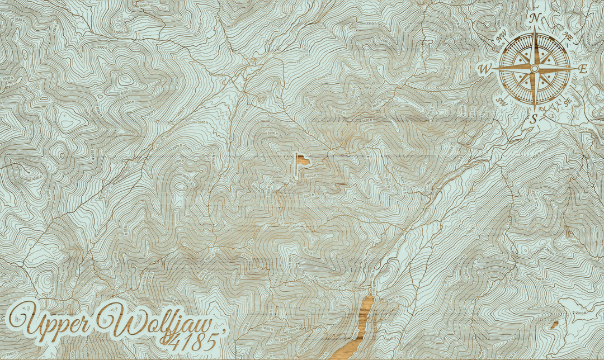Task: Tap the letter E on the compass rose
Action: click(x=582, y=69)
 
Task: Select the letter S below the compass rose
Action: click(x=534, y=118)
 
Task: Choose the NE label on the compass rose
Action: click(x=567, y=36)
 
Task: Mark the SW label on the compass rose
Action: click(x=502, y=101)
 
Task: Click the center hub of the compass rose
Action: click(x=534, y=68)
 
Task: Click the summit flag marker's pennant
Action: click(x=303, y=160)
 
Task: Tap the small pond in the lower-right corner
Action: click(x=554, y=324)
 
